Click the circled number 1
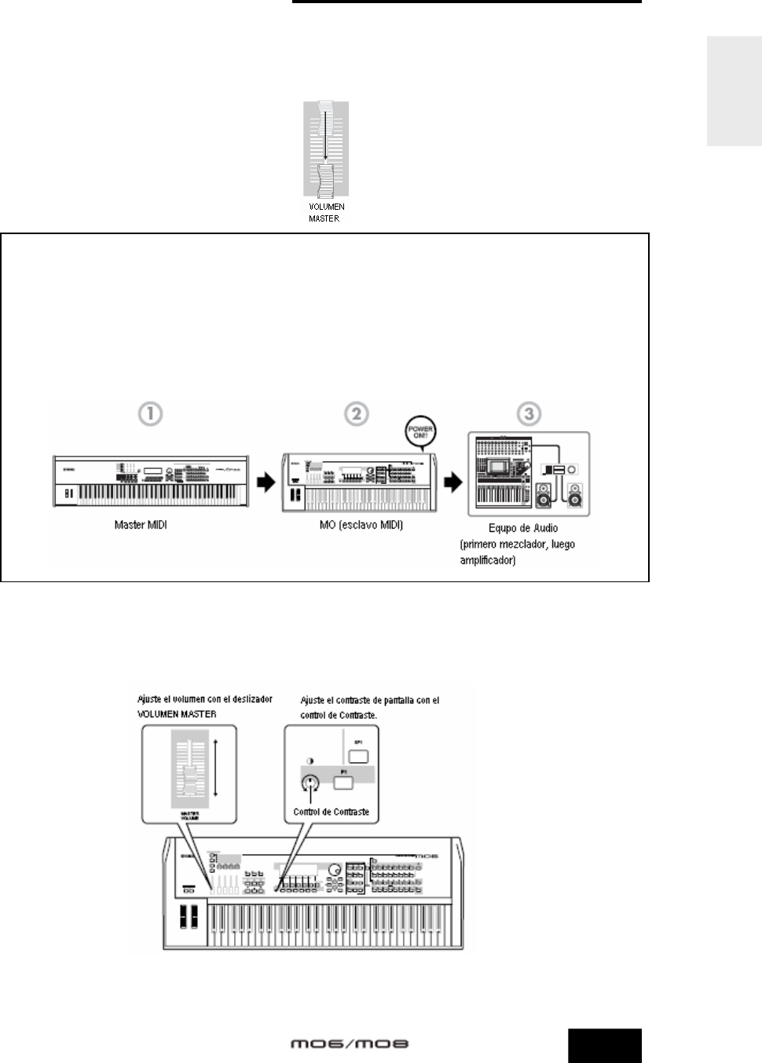pyautogui.click(x=151, y=414)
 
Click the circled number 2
pyautogui.click(x=357, y=414)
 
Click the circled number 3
pyautogui.click(x=529, y=414)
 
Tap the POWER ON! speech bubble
pyautogui.click(x=420, y=432)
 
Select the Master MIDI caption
pyautogui.click(x=141, y=525)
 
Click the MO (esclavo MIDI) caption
pyautogui.click(x=361, y=525)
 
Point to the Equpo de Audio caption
pyautogui.click(x=523, y=528)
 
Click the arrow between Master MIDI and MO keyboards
pyautogui.click(x=267, y=482)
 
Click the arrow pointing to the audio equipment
pyautogui.click(x=454, y=482)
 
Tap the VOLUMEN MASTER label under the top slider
pyautogui.click(x=326, y=212)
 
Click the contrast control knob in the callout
pyautogui.click(x=311, y=783)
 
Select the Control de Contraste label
pyautogui.click(x=331, y=812)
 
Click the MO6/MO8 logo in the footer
pyautogui.click(x=350, y=1044)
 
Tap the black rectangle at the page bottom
pyautogui.click(x=605, y=1046)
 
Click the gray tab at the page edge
pyautogui.click(x=734, y=91)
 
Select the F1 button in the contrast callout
pyautogui.click(x=343, y=782)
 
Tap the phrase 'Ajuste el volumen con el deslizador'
pyautogui.click(x=205, y=699)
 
